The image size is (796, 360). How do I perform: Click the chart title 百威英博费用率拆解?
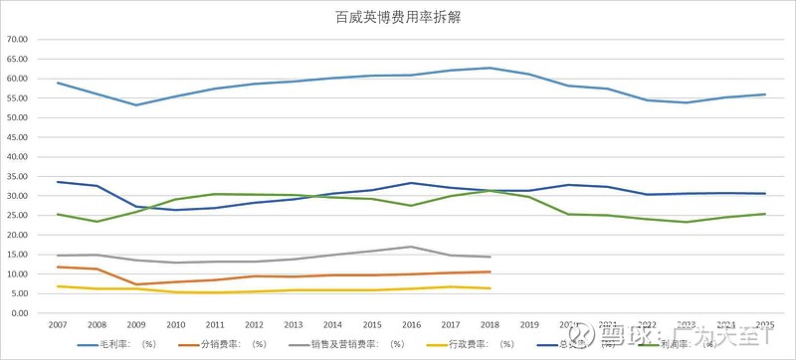398,17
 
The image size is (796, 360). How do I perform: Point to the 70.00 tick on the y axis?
19,40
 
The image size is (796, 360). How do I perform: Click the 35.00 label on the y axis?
19,176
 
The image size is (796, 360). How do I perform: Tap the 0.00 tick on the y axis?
21,313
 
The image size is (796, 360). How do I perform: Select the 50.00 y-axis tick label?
19,117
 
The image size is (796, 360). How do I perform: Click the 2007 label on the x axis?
58,324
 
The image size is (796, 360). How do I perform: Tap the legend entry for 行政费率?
469,344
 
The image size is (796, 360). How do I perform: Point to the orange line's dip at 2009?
136,284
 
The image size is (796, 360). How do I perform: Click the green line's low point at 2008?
97,222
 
